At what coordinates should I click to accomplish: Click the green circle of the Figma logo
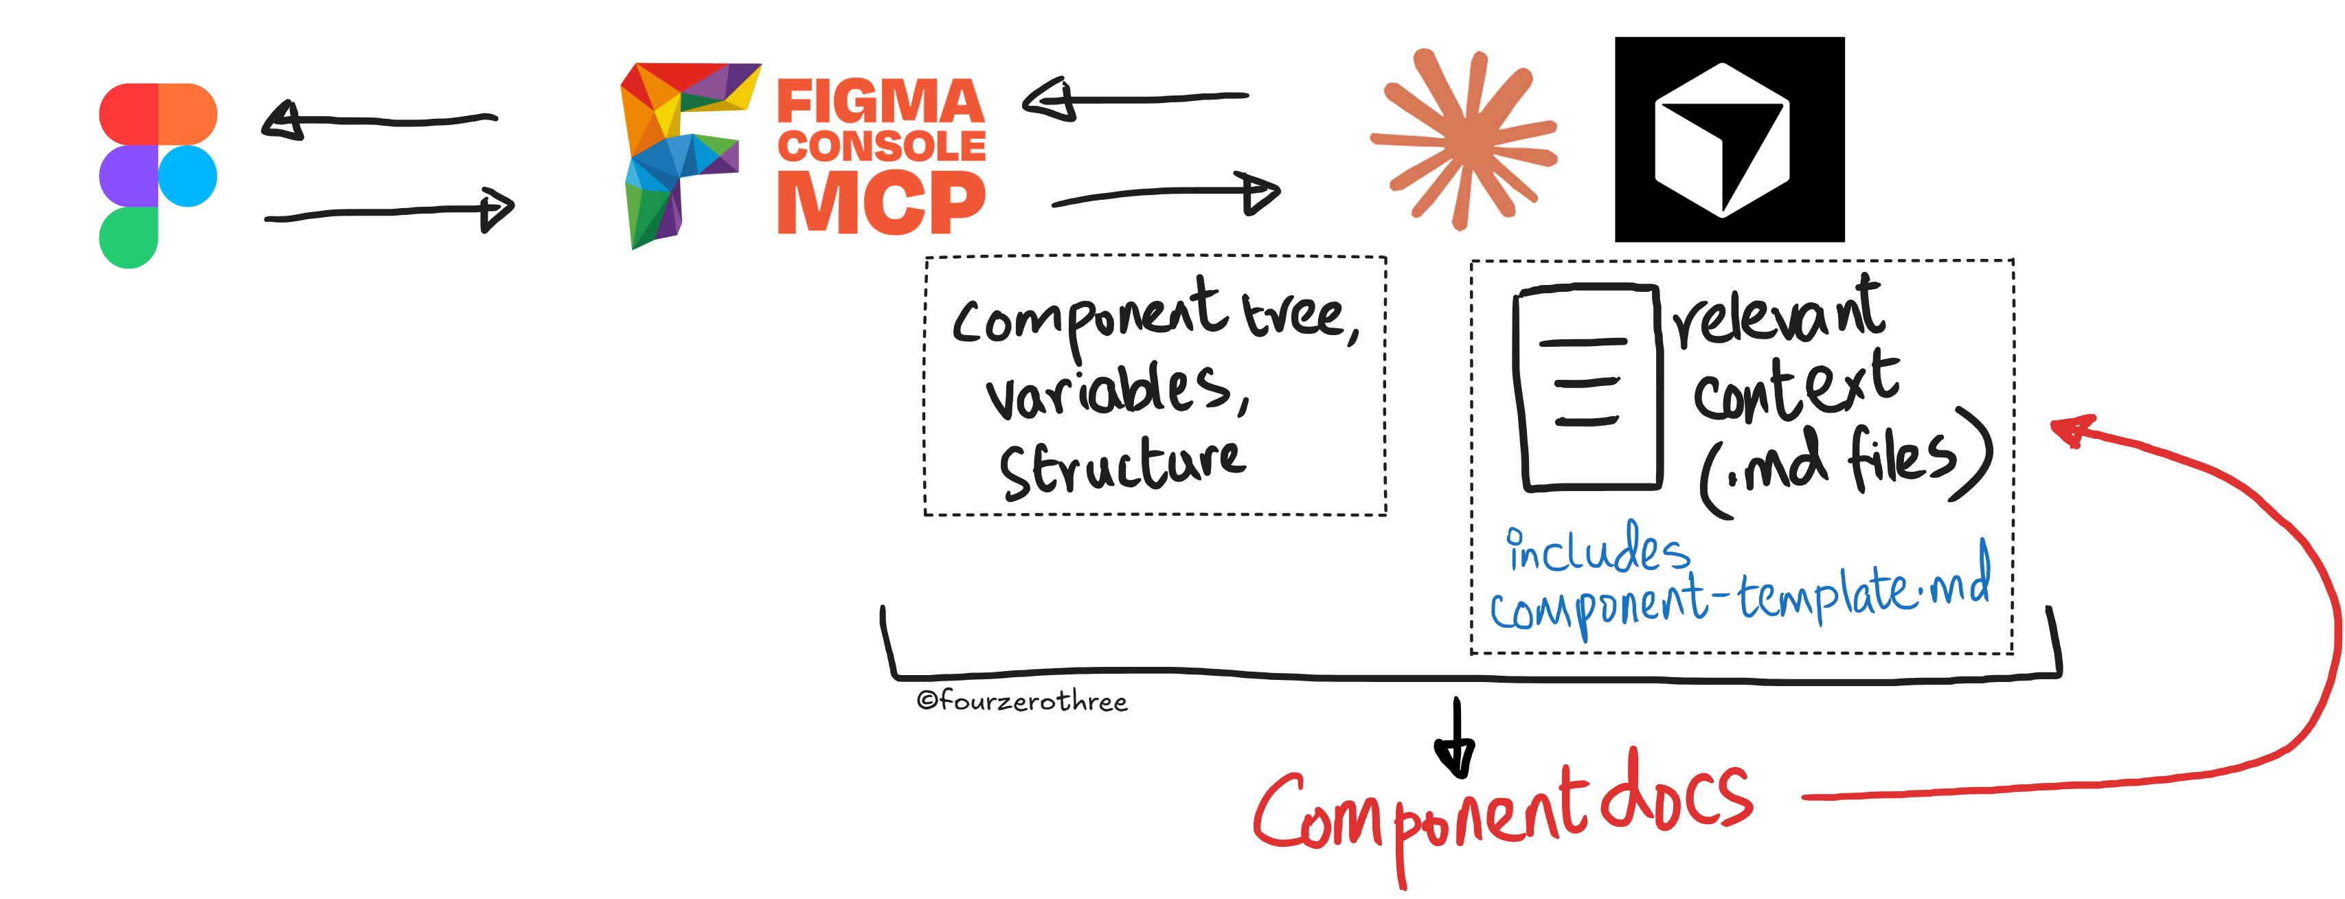click(x=128, y=238)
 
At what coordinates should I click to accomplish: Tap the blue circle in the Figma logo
click(x=188, y=177)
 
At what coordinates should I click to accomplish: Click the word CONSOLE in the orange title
click(x=881, y=146)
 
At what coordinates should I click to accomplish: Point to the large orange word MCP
click(x=881, y=202)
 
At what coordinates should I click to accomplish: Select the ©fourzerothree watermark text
click(x=1022, y=701)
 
